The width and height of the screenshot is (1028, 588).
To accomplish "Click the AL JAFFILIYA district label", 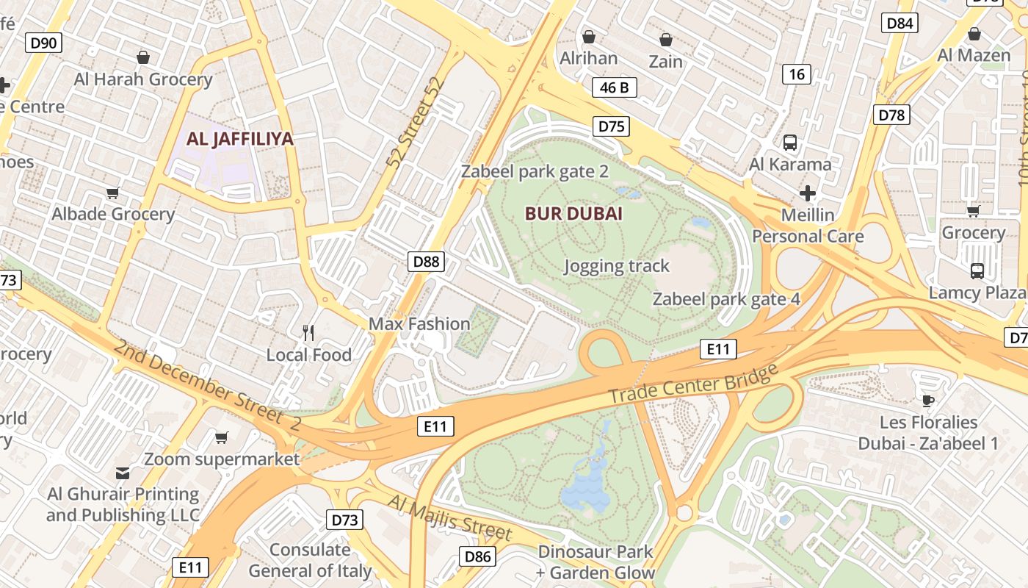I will pos(239,139).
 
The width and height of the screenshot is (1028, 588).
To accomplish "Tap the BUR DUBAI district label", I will pos(573,214).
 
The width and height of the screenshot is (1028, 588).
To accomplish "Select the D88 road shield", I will pos(426,262).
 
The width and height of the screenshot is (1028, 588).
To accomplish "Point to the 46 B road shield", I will pos(614,88).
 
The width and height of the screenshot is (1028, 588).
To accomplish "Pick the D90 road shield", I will pos(43,43).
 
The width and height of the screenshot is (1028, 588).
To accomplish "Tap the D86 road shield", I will pos(477,556).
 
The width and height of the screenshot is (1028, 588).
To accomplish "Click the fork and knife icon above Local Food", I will pos(308,333).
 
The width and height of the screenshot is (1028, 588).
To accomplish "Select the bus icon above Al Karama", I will pos(790,143).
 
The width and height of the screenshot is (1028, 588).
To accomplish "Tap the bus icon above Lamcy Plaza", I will pos(977,270).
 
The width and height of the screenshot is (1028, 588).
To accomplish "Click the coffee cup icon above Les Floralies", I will pos(928,401).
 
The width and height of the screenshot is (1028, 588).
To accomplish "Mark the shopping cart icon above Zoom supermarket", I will pos(221,437).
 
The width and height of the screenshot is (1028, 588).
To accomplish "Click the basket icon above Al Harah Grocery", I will pos(143,57).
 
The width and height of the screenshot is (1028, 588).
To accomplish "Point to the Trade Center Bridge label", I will pos(693,384).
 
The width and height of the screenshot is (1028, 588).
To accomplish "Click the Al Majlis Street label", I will pos(449,517).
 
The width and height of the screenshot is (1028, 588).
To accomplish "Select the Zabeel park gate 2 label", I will pos(535,172).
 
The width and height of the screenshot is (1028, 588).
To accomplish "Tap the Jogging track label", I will pos(616,266).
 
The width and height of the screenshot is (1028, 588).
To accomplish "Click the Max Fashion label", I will pos(419,324).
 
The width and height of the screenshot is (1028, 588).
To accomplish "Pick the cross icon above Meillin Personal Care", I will pos(808,193).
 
